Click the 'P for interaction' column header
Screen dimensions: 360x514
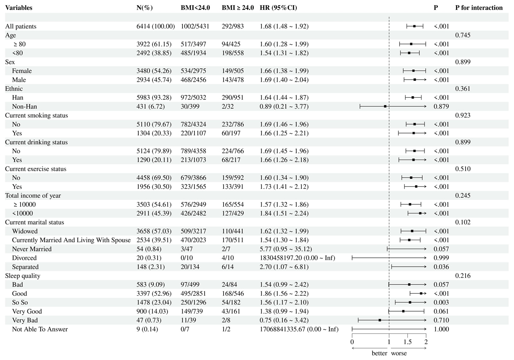(479, 8)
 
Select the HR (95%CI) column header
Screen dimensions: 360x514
(278, 8)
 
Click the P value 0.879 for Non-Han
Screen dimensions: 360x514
(441, 107)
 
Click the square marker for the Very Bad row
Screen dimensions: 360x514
(380, 320)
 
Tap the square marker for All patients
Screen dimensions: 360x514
(414, 27)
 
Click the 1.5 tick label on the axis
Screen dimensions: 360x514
(408, 342)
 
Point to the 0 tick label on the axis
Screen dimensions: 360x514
(352, 342)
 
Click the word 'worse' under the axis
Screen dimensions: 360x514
(398, 354)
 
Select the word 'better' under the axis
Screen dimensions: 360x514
(379, 354)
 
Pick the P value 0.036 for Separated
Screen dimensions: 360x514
(441, 267)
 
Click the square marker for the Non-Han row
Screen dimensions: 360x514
(385, 107)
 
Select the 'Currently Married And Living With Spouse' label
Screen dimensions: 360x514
(71, 240)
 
